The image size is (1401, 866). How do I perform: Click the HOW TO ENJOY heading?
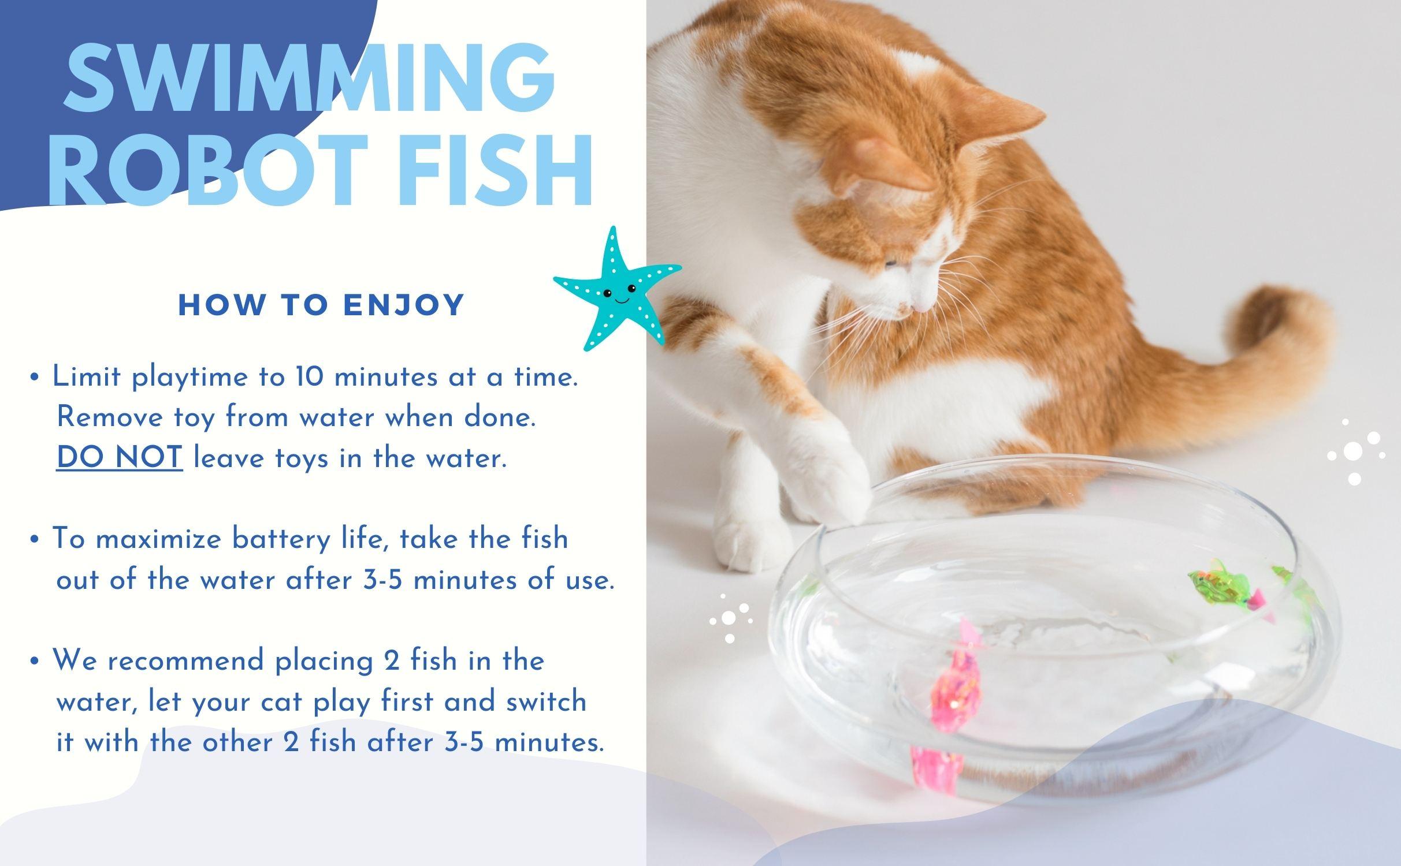pos(322,305)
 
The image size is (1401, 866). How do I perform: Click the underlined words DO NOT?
pos(120,458)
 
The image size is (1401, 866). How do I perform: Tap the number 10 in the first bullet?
pos(309,377)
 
